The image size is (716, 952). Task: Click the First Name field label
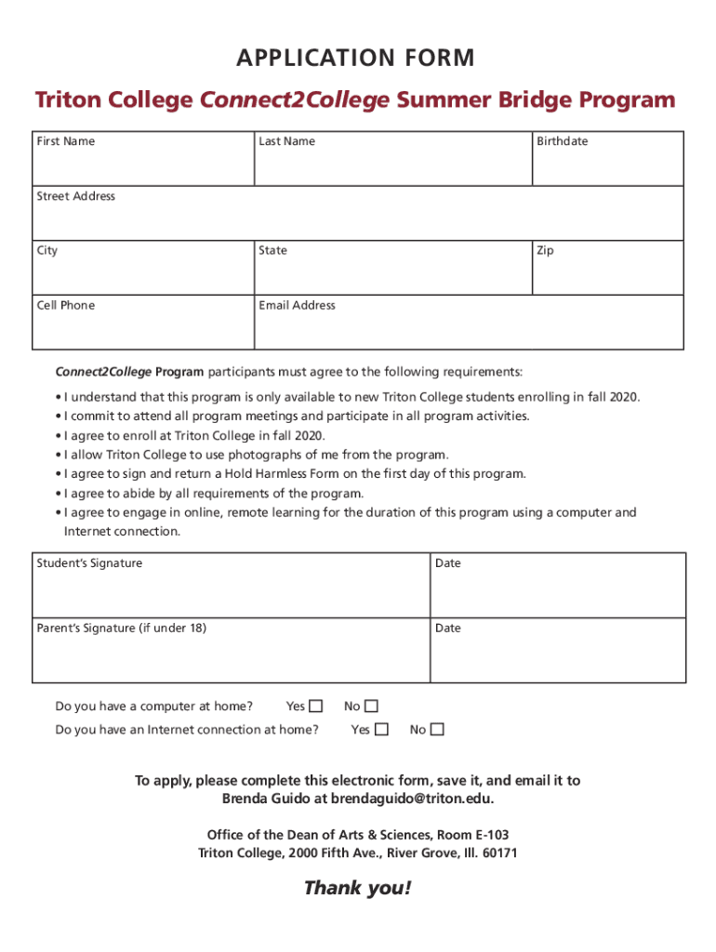[65, 141]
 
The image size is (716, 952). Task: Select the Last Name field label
[286, 141]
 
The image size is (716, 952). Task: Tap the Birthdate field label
[562, 141]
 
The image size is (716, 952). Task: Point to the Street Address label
[76, 196]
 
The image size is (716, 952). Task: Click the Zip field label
[545, 250]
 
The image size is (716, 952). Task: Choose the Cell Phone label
[65, 305]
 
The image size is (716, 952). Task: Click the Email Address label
[297, 305]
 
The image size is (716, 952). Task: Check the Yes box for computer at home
[316, 707]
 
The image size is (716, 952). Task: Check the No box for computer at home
[372, 707]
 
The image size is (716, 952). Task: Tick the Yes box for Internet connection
[381, 730]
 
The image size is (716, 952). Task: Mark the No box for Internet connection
[437, 730]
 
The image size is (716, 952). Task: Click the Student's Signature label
[89, 563]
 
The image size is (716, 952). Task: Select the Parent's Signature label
[121, 628]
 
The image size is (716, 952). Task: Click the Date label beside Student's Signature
[447, 563]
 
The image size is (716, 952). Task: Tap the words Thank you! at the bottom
[357, 889]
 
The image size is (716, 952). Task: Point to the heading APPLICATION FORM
[357, 59]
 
